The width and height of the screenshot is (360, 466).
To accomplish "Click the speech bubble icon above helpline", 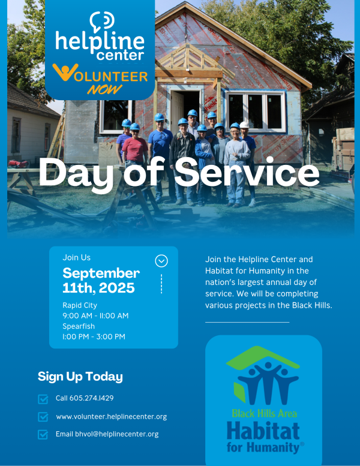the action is [x=101, y=22].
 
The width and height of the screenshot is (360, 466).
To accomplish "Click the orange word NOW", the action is [x=104, y=89].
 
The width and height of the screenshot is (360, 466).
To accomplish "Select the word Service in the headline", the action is [x=247, y=172].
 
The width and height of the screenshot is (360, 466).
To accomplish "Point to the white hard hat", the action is [x=244, y=125].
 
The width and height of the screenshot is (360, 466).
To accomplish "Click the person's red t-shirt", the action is [x=134, y=149].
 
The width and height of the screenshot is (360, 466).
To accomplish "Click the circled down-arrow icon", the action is [x=161, y=261].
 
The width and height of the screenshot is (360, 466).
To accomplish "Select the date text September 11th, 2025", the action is [x=101, y=280].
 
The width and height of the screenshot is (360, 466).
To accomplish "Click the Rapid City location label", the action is [x=80, y=305].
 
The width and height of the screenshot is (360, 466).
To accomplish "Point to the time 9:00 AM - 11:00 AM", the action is [x=95, y=315].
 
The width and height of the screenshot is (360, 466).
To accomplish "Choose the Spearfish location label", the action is [x=79, y=326].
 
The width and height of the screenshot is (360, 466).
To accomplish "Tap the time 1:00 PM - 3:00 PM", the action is [x=94, y=336].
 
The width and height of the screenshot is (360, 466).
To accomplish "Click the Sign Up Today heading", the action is [x=80, y=377].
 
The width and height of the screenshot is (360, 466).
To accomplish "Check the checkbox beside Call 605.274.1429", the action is [x=43, y=399].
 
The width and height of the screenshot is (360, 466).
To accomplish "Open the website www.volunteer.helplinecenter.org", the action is [x=112, y=417].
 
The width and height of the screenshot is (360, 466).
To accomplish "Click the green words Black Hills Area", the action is [x=264, y=413].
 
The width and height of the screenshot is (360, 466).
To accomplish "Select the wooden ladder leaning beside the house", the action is [x=57, y=137].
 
